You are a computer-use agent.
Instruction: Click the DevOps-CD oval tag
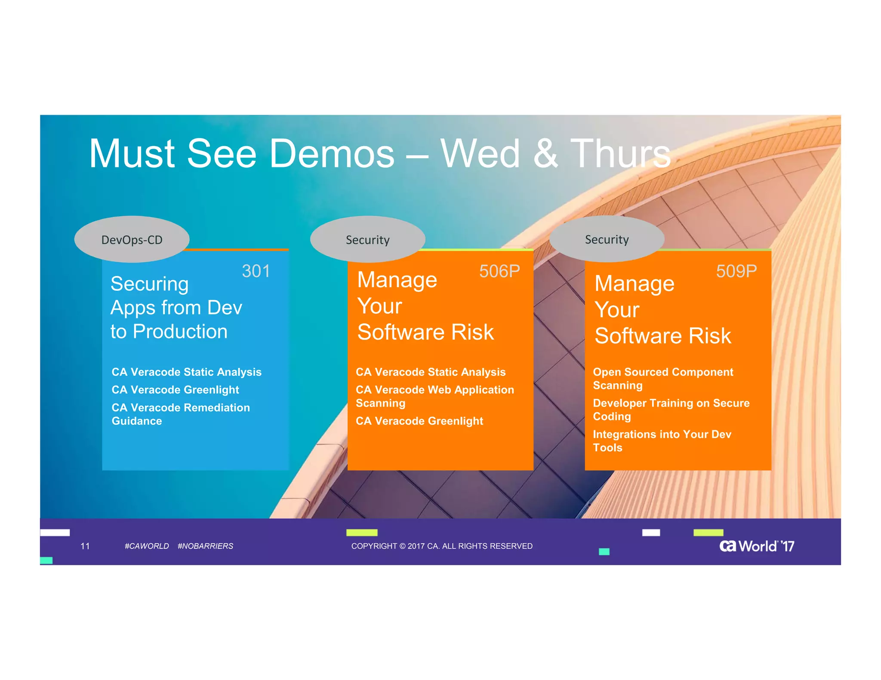[x=132, y=239]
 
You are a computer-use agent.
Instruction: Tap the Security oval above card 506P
[x=367, y=239]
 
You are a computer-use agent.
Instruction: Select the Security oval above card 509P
[x=607, y=239]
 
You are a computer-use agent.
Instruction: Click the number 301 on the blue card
[x=256, y=271]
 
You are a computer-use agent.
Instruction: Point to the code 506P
[x=499, y=271]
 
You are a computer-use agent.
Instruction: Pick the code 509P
[x=736, y=271]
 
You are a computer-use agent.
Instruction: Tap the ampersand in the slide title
[x=545, y=154]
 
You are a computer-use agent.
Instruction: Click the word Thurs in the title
[x=620, y=154]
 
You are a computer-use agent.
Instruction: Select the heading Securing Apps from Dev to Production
[x=176, y=308]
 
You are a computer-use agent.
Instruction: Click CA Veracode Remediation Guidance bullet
[x=180, y=414]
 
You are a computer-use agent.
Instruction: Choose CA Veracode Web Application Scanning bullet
[x=434, y=396]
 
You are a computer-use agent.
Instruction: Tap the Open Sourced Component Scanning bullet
[x=662, y=378]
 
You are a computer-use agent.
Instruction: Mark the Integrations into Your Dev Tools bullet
[x=662, y=441]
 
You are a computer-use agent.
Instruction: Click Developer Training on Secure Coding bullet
[x=671, y=410]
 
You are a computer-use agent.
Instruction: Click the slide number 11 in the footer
[x=85, y=546]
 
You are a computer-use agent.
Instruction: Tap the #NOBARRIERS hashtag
[x=205, y=546]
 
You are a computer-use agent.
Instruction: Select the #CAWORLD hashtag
[x=147, y=546]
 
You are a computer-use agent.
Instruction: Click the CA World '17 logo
[x=756, y=546]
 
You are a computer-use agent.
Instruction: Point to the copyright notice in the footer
[x=442, y=546]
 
